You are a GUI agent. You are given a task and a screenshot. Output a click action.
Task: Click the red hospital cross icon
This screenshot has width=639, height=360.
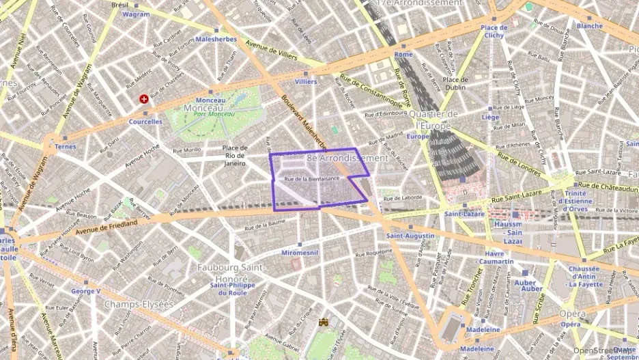point(143,99)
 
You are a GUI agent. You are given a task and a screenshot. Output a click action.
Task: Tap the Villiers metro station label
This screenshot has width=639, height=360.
point(306,81)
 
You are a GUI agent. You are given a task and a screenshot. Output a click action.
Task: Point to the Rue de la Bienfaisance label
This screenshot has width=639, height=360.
point(311,179)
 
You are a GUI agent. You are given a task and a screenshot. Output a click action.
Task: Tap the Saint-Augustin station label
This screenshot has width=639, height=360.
point(410,236)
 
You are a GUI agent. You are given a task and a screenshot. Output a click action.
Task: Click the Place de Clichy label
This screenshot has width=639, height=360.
point(493,31)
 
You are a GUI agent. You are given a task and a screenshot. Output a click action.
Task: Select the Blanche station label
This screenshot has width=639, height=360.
point(589,26)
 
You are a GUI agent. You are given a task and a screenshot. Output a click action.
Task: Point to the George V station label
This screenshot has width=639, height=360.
point(86,291)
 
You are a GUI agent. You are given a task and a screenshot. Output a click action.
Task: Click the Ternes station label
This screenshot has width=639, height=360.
point(66,147)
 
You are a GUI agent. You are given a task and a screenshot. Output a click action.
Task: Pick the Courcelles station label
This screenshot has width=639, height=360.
point(145,122)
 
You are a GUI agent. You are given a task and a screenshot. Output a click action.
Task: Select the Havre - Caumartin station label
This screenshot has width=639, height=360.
point(496,257)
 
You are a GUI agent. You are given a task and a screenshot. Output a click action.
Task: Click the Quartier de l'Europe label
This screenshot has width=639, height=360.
point(437,120)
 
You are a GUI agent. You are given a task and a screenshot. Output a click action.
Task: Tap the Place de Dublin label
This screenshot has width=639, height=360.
point(455,83)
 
